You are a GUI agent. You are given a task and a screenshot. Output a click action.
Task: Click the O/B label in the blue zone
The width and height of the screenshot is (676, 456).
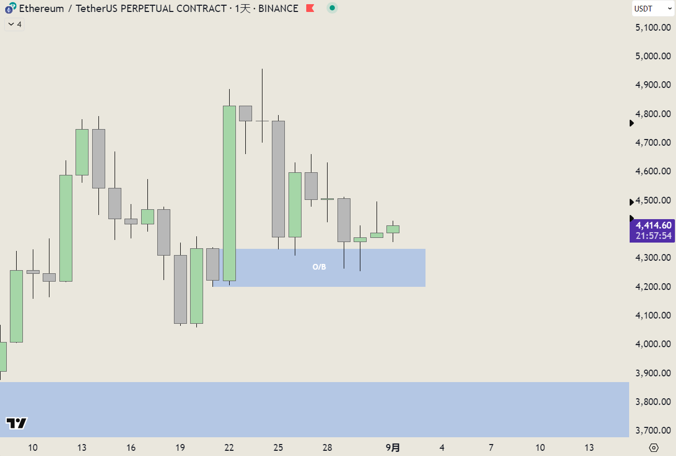point(319,267)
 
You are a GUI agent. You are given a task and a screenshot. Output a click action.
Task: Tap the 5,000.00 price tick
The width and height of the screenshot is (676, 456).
point(653,56)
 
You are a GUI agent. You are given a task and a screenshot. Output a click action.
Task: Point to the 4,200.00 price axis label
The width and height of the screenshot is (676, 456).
point(653,286)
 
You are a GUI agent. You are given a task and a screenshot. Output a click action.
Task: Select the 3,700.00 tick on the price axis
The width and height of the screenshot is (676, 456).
point(653,430)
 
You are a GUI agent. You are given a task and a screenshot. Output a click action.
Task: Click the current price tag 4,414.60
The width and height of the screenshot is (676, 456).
point(653,225)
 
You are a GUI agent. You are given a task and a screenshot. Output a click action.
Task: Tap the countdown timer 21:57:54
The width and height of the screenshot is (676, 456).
point(653,236)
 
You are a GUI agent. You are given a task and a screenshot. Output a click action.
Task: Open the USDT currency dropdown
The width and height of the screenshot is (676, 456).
point(653,8)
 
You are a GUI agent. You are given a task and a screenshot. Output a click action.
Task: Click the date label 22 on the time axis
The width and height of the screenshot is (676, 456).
point(229,448)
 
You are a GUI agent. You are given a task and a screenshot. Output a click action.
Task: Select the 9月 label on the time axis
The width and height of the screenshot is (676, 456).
point(393,448)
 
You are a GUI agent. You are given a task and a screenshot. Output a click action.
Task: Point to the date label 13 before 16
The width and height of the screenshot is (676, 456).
point(82,448)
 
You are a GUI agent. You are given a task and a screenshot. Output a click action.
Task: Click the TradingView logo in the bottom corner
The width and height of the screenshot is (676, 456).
point(16,423)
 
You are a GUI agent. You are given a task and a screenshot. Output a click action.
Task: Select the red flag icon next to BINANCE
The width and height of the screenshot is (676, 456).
point(310,8)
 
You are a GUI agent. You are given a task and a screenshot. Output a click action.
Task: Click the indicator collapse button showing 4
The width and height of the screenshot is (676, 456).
point(15,24)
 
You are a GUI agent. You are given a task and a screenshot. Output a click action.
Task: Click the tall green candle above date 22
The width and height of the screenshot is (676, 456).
point(229,193)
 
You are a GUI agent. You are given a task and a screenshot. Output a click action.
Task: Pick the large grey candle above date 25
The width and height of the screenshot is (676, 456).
point(278,179)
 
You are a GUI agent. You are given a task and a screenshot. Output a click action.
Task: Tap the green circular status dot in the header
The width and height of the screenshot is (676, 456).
point(332,8)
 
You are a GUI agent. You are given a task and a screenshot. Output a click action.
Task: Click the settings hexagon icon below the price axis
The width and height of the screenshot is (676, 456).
point(654,448)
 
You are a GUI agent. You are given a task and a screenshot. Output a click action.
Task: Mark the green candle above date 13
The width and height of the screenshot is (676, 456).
point(82,152)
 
